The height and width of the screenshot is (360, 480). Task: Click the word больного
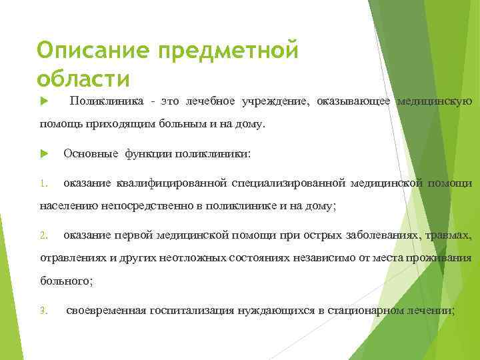click(66, 281)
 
